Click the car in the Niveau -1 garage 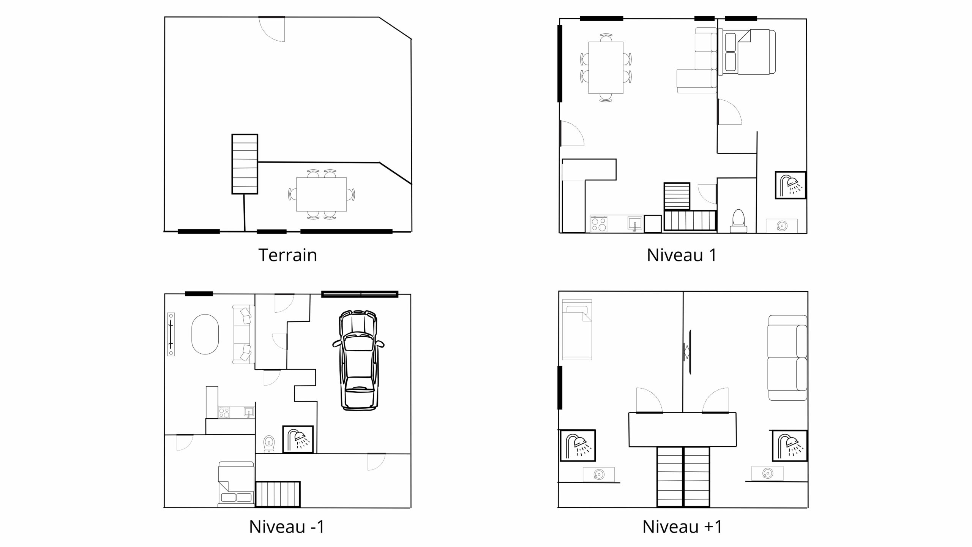pos(358,360)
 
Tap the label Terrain pos(287,255)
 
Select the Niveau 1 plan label pos(682,255)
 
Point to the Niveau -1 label pos(287,526)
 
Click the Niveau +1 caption pos(682,526)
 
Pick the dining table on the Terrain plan pos(321,194)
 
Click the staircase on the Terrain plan pos(245,164)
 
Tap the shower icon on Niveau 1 pos(791,185)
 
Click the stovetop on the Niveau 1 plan pos(599,224)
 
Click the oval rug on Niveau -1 pos(205,334)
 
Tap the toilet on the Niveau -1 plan pos(269,444)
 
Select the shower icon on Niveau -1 pos(298,439)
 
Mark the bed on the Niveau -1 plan pos(235,484)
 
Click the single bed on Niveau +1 pos(577,329)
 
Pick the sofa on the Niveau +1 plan pos(787,358)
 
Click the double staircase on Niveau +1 pos(683,477)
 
